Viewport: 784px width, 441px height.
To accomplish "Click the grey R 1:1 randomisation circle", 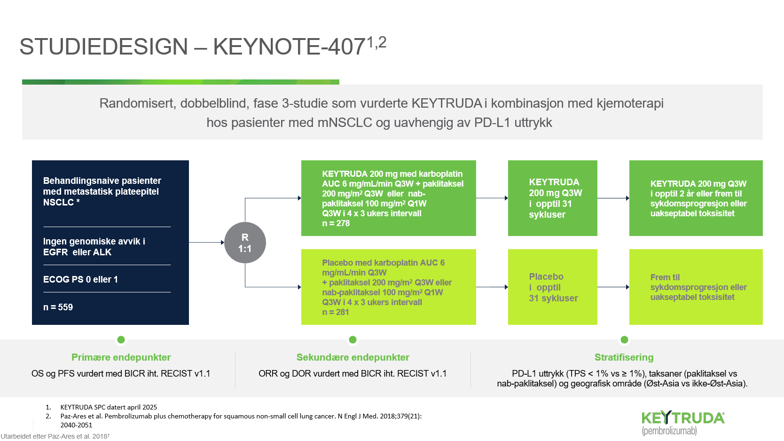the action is click(245, 243).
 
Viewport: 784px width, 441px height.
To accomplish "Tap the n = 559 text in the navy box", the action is click(58, 307).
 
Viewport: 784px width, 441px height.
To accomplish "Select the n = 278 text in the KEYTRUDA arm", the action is click(336, 223).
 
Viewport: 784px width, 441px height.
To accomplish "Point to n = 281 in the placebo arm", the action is click(336, 312).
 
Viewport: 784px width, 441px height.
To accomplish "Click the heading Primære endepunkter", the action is click(121, 357).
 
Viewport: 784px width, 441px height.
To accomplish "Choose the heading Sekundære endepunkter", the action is click(353, 357).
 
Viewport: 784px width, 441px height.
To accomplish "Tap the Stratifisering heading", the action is click(624, 357).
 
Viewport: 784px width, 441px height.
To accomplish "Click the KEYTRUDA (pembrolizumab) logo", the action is click(683, 423).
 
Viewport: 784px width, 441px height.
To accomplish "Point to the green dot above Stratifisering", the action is click(624, 339).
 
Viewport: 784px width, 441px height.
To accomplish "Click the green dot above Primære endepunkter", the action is click(121, 339).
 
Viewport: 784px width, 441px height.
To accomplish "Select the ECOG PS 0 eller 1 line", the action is click(80, 279).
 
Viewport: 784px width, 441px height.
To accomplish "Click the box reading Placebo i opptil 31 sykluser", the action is click(553, 287).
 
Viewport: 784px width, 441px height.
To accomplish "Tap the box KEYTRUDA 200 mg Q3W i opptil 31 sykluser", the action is click(553, 198).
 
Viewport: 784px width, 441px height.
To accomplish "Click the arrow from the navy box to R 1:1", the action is click(206, 242).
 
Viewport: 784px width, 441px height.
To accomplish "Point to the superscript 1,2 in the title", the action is click(376, 43).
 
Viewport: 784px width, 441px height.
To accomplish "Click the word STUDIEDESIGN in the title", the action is click(104, 47).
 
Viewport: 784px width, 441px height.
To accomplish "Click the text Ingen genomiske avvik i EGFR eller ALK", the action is click(94, 247).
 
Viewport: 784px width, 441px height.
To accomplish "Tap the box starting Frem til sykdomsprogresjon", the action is click(696, 287).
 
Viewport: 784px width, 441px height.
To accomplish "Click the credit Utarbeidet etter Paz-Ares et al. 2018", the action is click(55, 436).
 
